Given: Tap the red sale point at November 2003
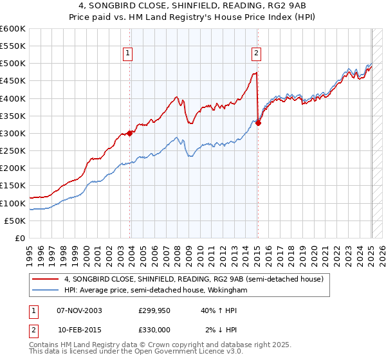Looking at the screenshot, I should [x=129, y=133].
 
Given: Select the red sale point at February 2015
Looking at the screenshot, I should [x=258, y=123].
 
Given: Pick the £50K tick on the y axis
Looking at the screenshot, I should [x=15, y=221].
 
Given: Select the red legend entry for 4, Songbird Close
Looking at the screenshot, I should [x=197, y=279].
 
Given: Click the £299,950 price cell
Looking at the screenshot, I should [x=154, y=310].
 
